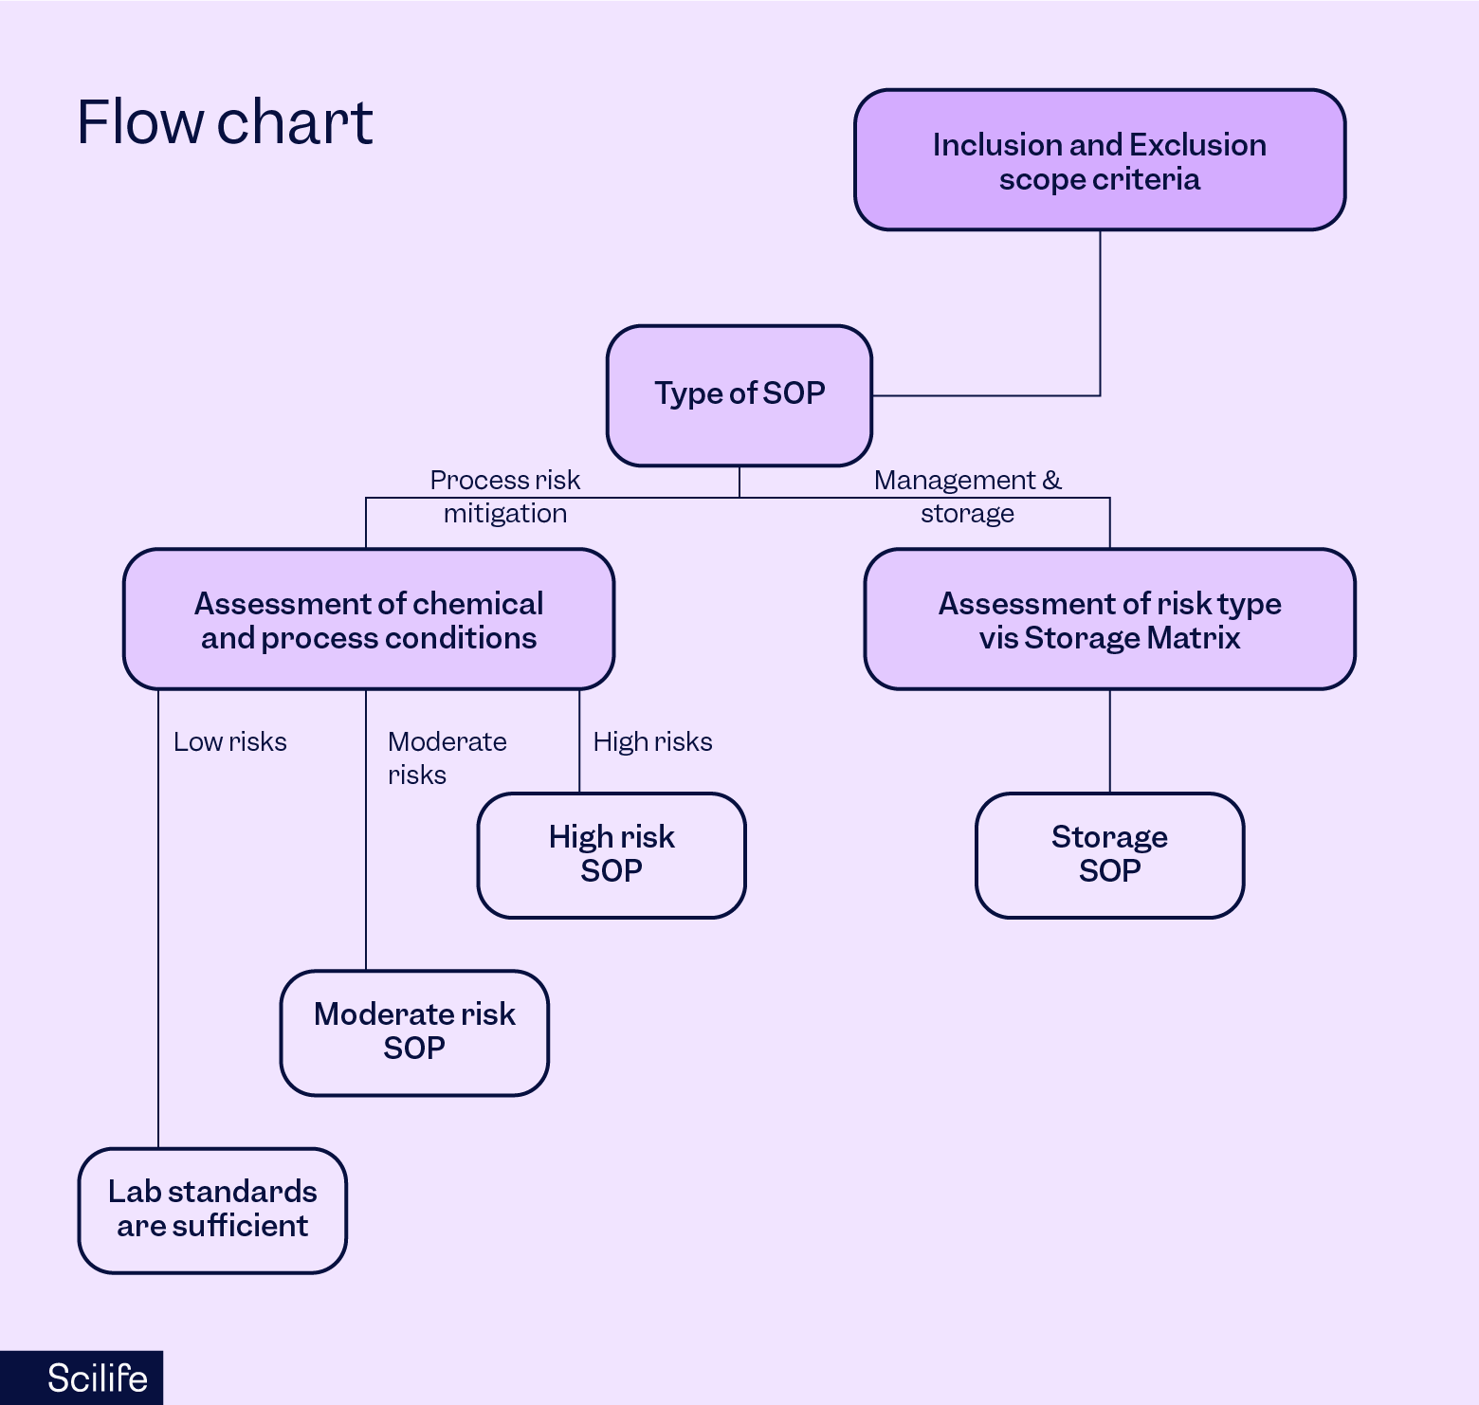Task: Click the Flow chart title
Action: pos(225,122)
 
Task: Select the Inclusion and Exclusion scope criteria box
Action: pos(1099,160)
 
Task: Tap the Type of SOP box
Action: pos(739,394)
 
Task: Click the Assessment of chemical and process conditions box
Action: pos(368,619)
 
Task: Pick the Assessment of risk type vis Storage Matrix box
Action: pos(1109,619)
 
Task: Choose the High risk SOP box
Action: pos(611,854)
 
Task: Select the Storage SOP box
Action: pos(1109,854)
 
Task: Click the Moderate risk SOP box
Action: pos(414,1031)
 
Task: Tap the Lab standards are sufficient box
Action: pos(212,1209)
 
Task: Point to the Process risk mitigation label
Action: pos(504,497)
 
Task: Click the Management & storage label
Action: pos(967,497)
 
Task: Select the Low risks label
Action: pos(229,741)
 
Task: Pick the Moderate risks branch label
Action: pos(446,757)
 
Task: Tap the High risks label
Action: pos(652,741)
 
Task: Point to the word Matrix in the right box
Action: pos(1194,638)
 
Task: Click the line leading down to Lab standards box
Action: pos(158,948)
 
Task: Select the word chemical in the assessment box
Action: pos(478,603)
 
